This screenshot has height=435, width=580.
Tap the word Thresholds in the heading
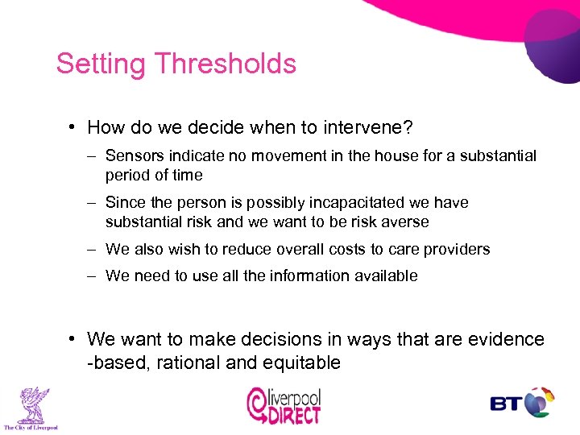click(x=226, y=64)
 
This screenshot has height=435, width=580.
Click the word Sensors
click(x=135, y=155)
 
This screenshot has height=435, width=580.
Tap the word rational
click(x=187, y=362)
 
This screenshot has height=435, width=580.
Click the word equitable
click(x=300, y=362)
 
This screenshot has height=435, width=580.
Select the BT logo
click(x=522, y=403)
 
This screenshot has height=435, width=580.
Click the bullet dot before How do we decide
click(x=73, y=127)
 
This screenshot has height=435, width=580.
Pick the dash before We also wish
click(x=93, y=249)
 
